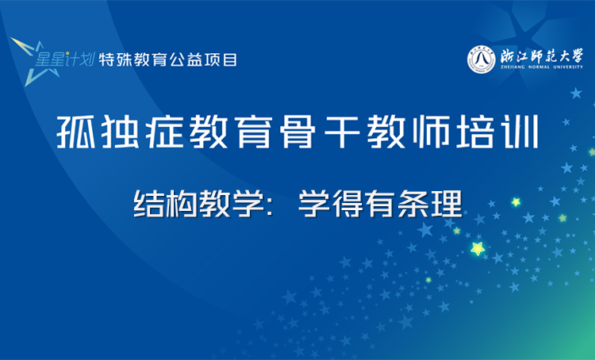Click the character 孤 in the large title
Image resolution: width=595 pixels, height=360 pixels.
click(76, 132)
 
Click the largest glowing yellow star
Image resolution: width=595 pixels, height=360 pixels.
click(478, 248)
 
